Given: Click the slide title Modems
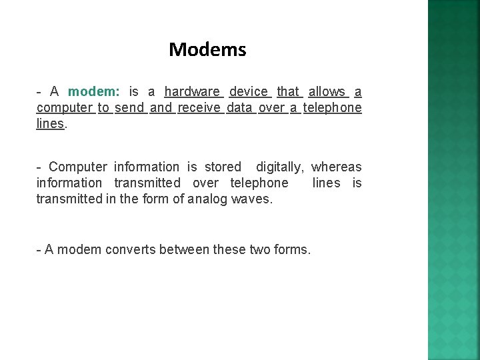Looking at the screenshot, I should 207,49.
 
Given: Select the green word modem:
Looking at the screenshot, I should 93,92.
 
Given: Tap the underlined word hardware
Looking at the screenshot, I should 192,92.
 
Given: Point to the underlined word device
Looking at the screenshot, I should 249,92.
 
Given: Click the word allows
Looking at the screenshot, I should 327,92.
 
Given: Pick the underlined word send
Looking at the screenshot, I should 129,108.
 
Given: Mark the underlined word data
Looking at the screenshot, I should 239,108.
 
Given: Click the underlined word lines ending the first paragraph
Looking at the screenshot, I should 51,124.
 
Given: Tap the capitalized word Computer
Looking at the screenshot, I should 78,167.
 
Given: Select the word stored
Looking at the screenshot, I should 223,167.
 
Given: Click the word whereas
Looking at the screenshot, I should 337,167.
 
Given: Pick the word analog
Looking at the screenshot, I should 207,199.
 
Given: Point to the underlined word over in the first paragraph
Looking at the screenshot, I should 271,108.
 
